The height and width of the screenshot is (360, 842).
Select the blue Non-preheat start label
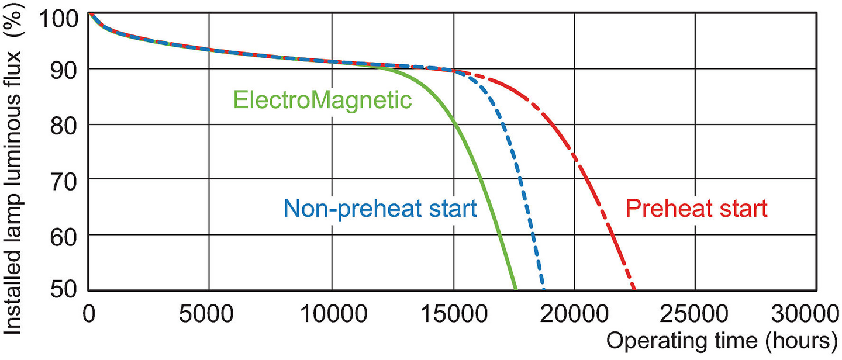(x=381, y=208)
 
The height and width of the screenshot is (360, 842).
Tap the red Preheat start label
(x=696, y=208)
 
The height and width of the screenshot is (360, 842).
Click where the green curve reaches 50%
(x=516, y=289)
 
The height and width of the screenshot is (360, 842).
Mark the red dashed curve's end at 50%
(x=634, y=289)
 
